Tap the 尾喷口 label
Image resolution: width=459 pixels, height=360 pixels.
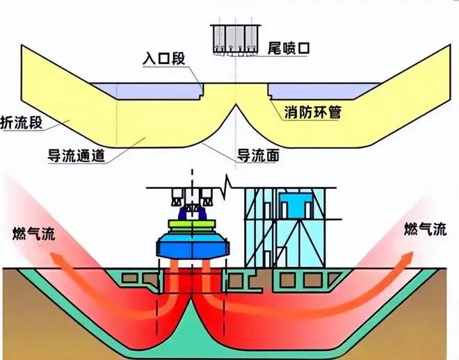pyautogui.click(x=287, y=49)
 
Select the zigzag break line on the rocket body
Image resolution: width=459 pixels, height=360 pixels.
pyautogui.click(x=226, y=186)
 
